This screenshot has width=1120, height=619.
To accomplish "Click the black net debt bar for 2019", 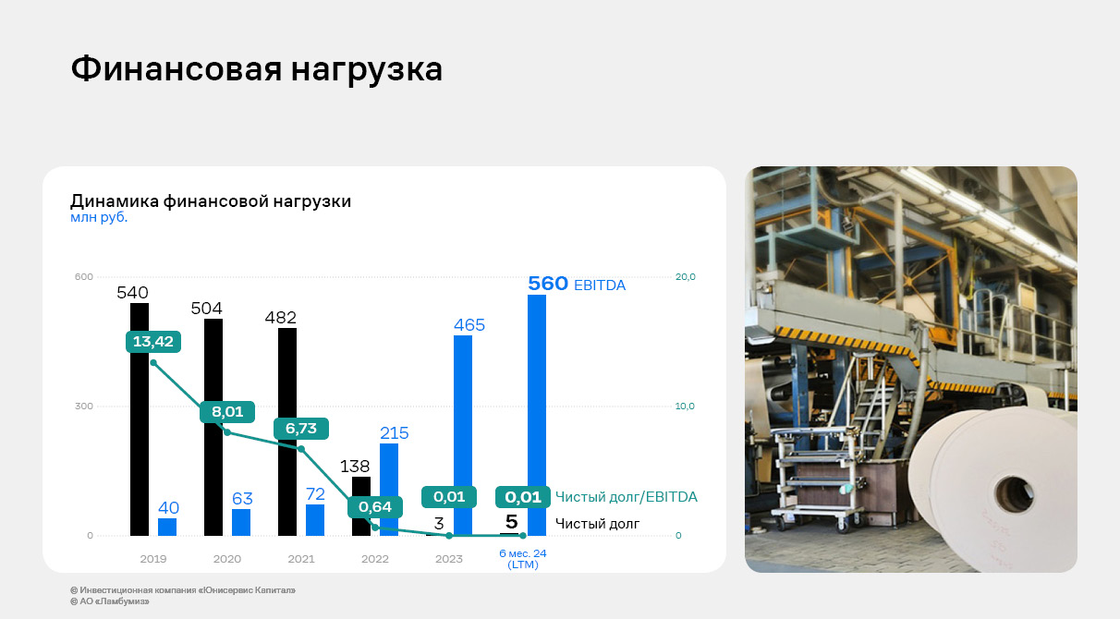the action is point(140,419).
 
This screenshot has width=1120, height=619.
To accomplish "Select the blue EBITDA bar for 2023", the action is point(462,435).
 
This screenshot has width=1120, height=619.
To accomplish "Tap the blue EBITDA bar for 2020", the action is point(241,523).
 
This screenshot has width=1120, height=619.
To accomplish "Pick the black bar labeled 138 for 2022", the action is point(361,506).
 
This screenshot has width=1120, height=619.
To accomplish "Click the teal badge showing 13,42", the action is point(153,342).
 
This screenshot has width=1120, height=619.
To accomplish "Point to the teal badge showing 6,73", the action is point(301,429).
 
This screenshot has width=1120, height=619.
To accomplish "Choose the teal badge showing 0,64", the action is point(375,507).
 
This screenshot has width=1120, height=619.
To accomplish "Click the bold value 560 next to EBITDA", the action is point(548,284).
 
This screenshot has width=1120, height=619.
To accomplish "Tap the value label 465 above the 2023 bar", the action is point(469,325).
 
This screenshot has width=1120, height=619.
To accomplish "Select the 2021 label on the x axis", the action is point(301,559).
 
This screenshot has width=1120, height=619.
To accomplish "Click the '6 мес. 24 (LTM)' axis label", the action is point(522,559).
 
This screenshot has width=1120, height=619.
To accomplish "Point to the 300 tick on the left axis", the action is point(83,406).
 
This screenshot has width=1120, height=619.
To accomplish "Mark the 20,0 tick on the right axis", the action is point(686,276).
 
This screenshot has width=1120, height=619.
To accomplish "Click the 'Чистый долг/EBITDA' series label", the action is point(626,497).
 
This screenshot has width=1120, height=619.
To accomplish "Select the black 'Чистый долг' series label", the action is point(598,524).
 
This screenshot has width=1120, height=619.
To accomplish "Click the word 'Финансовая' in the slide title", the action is point(177,69).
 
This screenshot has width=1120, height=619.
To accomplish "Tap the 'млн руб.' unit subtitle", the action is point(99,217).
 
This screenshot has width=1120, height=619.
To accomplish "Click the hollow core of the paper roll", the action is point(1014,494).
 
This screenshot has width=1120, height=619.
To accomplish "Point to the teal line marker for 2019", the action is point(153,362).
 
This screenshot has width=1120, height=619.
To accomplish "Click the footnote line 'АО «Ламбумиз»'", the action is point(110,601).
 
